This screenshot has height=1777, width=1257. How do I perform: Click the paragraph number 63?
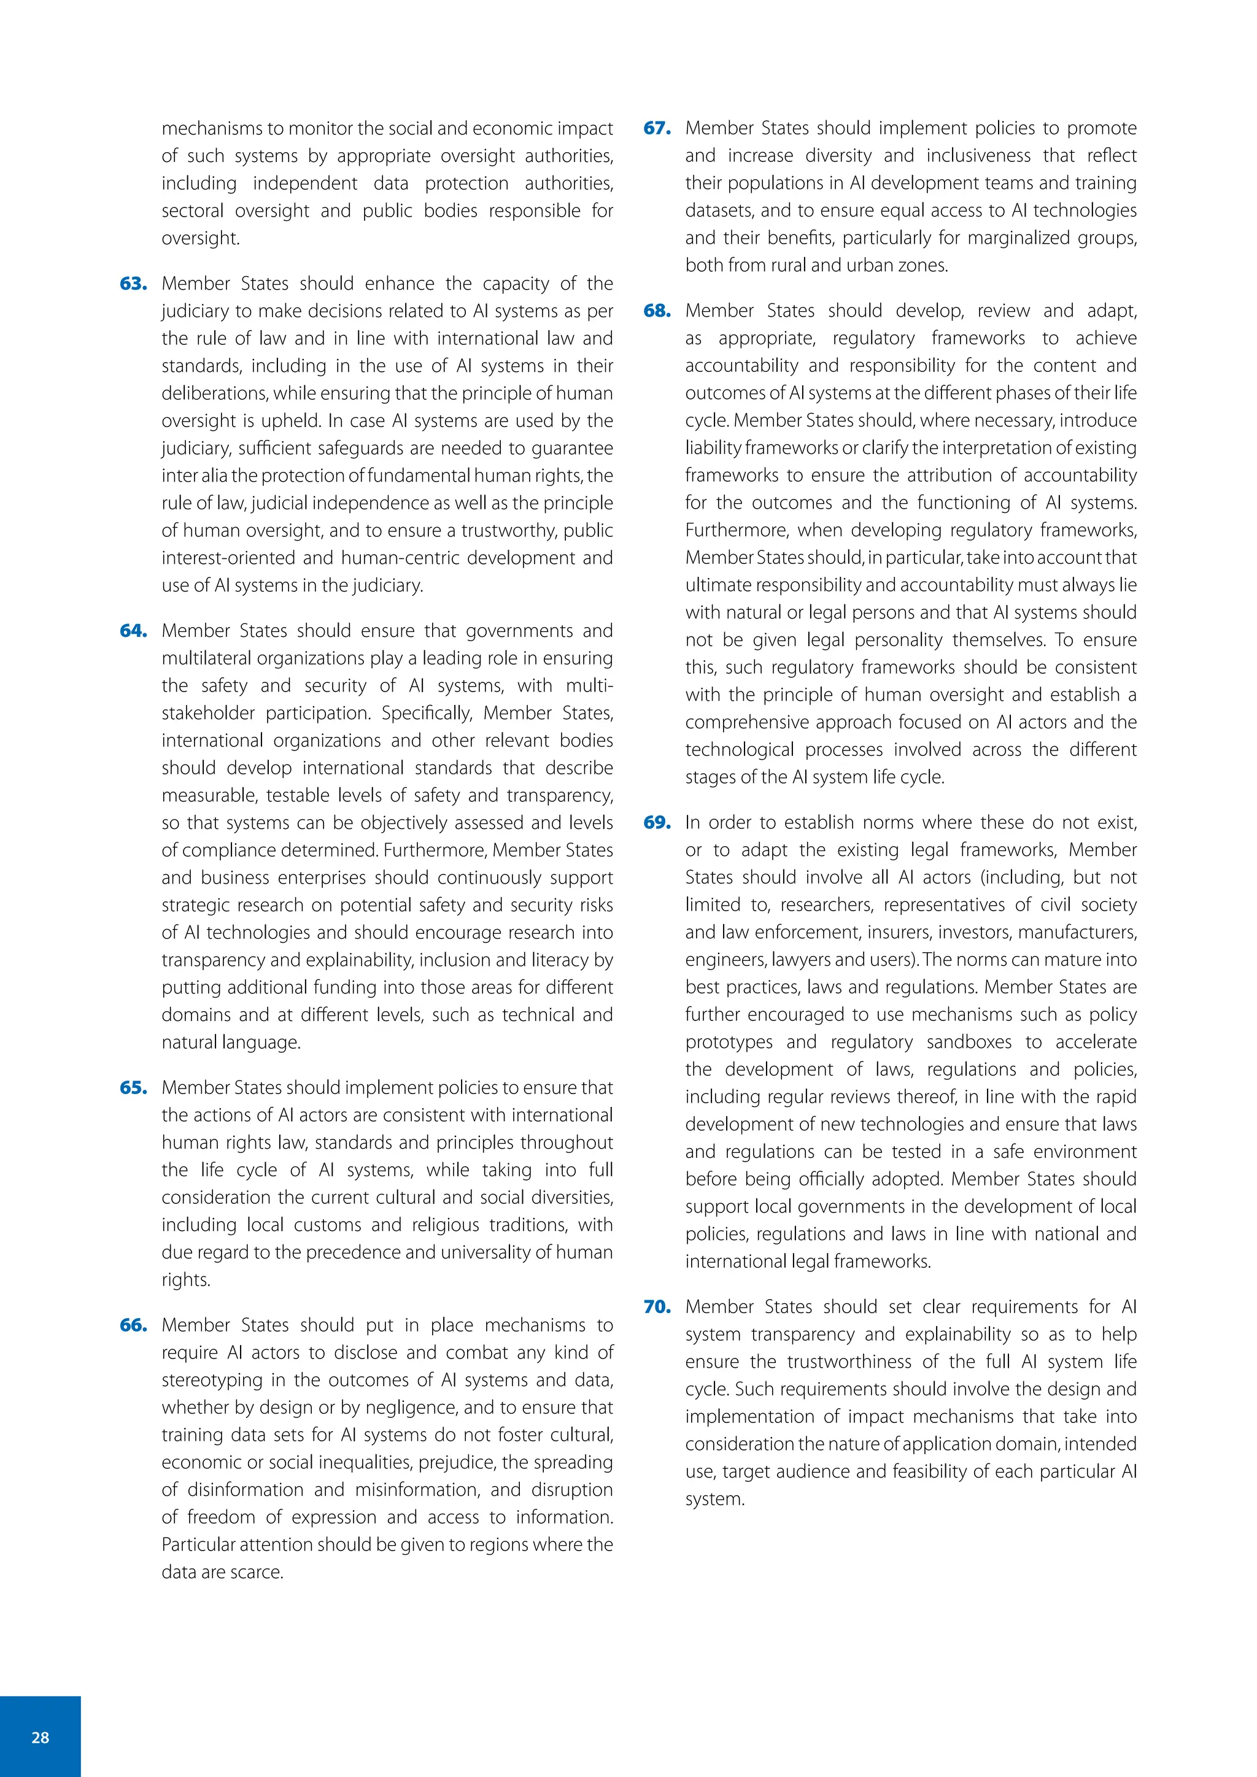point(133,284)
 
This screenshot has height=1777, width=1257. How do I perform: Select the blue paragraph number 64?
point(133,631)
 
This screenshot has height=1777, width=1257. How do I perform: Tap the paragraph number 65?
point(133,1088)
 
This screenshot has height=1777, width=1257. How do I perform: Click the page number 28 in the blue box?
point(41,1738)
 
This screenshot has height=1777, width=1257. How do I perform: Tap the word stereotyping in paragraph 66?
point(211,1381)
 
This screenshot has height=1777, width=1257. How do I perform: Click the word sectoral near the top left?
point(193,211)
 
